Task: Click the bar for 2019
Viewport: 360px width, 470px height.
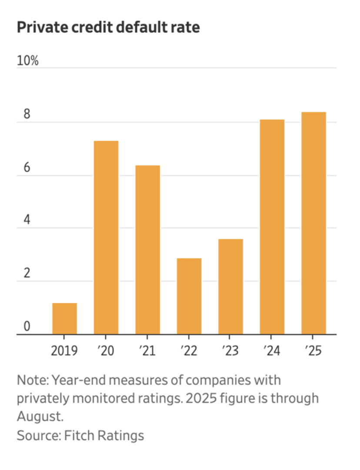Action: click(x=64, y=319)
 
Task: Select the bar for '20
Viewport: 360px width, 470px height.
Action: click(x=106, y=238)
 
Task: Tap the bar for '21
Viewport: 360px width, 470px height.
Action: click(x=147, y=250)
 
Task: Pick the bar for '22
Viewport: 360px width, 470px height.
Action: click(x=189, y=296)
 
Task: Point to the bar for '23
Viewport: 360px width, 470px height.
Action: click(x=230, y=287)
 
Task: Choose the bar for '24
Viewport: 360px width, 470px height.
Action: click(x=272, y=227)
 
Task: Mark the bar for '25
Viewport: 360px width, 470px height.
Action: click(x=313, y=223)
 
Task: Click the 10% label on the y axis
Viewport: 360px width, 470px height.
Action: click(x=28, y=61)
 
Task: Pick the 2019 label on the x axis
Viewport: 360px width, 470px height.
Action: click(x=64, y=350)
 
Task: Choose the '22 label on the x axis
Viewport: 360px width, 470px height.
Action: click(x=189, y=350)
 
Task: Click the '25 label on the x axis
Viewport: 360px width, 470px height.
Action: click(x=313, y=350)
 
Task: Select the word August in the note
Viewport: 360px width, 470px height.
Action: click(x=40, y=416)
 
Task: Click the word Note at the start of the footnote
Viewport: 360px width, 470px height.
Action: click(x=32, y=380)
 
